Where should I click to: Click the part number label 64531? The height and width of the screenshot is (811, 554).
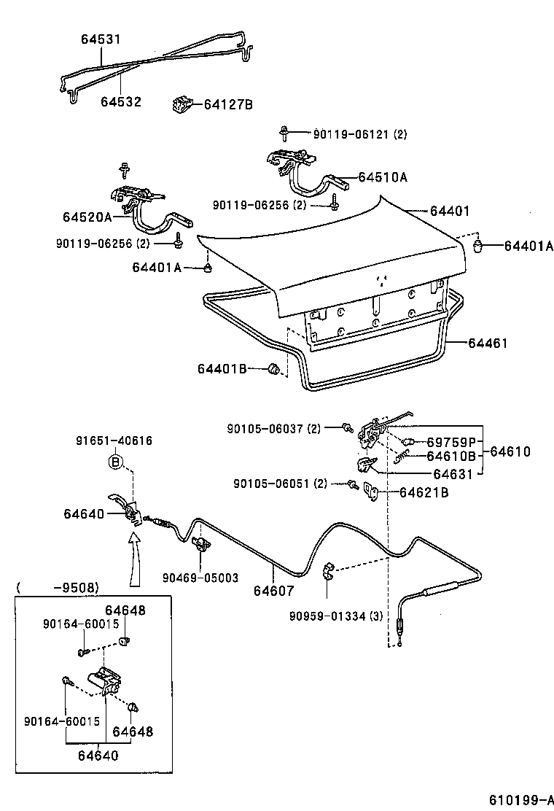coord(101,39)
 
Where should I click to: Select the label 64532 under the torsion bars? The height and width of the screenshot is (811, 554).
coord(121,102)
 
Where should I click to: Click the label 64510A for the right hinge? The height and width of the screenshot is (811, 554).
coord(382,177)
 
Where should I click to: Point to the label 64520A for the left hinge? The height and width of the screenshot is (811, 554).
coord(87,217)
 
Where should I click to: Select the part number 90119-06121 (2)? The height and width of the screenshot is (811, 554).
coord(360,134)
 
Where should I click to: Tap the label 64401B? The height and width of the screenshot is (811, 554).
coord(222,369)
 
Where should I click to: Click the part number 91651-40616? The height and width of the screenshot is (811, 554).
coord(114,441)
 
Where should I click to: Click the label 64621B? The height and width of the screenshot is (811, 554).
coord(424,492)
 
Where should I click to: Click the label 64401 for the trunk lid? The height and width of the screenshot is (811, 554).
coord(449,211)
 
